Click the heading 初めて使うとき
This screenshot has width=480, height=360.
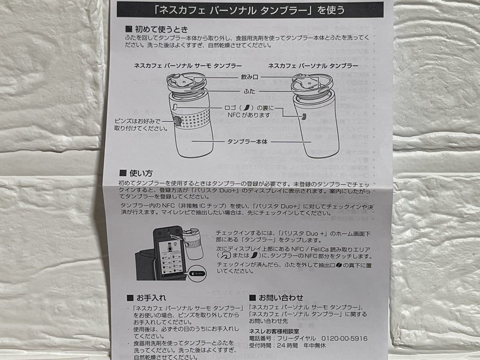[x=161, y=29]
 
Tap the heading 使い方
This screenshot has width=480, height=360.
[x=141, y=173]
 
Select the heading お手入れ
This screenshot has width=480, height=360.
[x=151, y=297]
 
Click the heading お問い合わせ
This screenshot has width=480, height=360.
[x=281, y=297]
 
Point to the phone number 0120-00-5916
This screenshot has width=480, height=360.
[x=344, y=338]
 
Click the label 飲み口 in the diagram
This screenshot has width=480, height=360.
[x=250, y=77]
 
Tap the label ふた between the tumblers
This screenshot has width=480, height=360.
[x=250, y=91]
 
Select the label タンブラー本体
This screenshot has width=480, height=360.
[x=247, y=142]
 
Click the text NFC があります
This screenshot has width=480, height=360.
[x=249, y=115]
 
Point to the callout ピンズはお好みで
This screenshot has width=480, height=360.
[x=137, y=121]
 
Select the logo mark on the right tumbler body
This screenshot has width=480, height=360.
[x=304, y=117]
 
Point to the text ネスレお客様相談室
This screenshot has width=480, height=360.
[x=274, y=331]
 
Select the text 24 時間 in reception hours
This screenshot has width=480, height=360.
[x=287, y=345]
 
